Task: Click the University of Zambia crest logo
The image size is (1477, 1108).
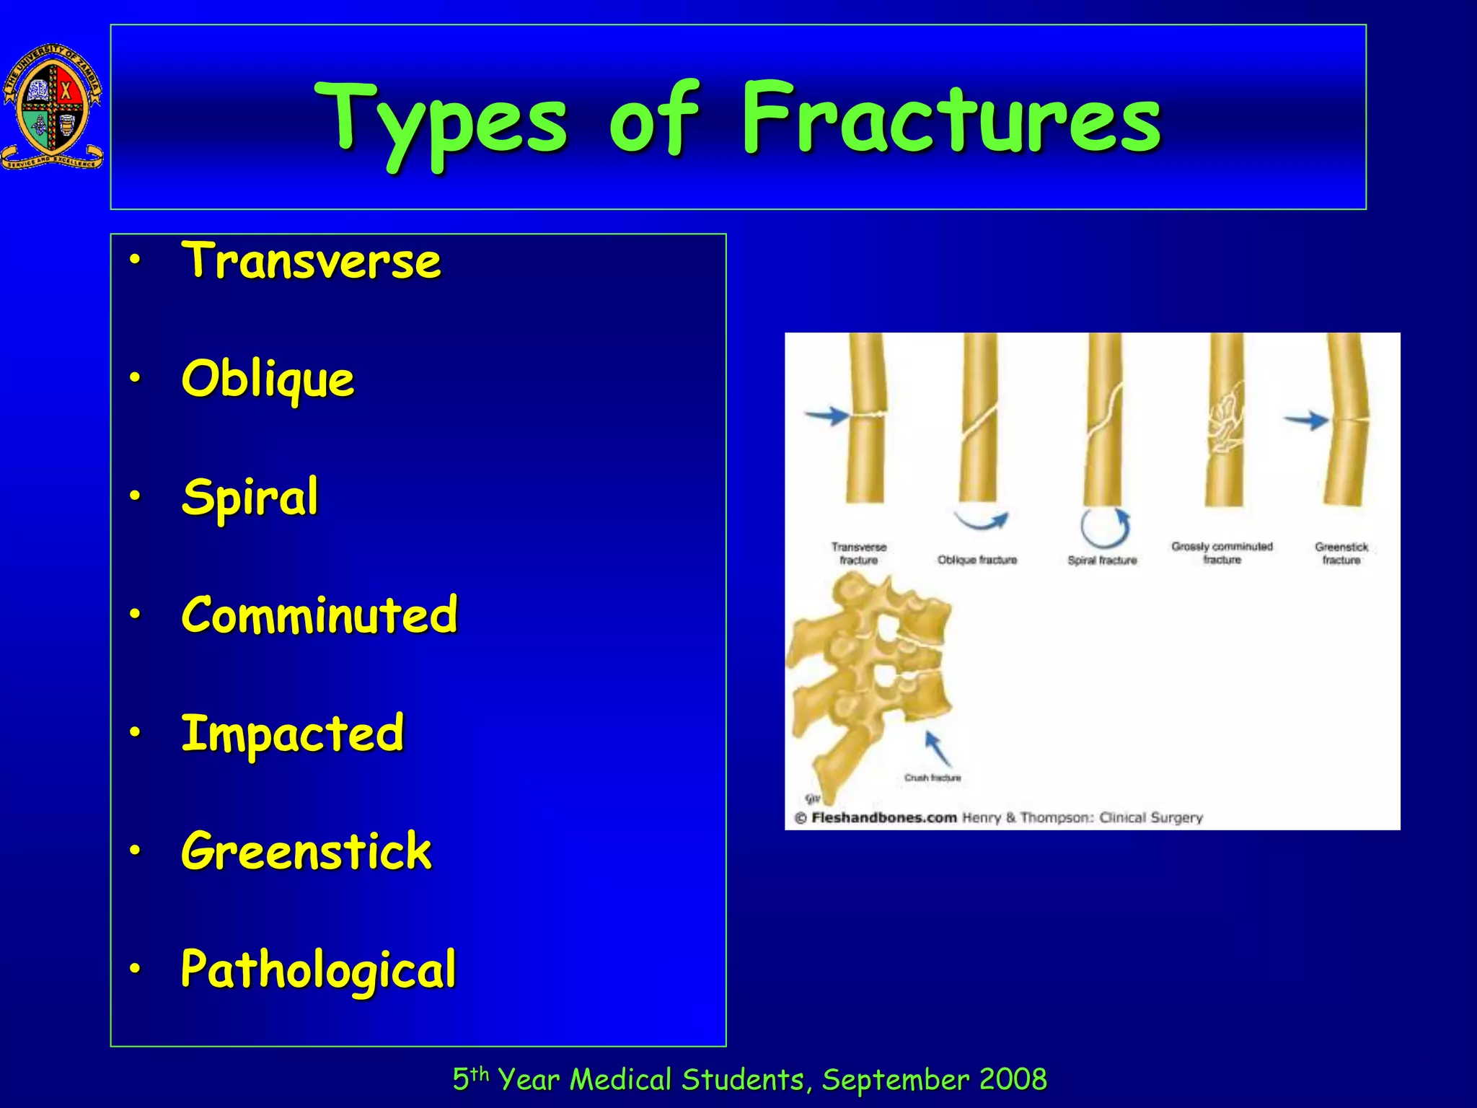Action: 52,107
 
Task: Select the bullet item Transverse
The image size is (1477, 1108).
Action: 310,261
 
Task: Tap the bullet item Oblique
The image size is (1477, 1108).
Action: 268,379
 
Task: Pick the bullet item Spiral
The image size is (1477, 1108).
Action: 250,498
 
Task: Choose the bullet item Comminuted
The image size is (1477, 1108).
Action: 319,615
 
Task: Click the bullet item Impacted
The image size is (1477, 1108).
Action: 292,734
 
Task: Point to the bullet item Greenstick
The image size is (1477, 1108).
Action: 306,851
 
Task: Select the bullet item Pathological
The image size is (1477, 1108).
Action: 318,969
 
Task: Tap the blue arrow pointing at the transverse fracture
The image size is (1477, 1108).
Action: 826,415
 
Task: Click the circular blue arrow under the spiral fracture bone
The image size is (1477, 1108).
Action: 1105,529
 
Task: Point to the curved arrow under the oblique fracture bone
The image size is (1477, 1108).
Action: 981,520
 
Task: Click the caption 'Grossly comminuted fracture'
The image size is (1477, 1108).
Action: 1222,553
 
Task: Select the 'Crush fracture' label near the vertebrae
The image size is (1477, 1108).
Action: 933,778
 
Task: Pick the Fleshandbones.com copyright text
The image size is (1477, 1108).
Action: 884,818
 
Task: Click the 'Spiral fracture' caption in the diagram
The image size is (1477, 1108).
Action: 1102,560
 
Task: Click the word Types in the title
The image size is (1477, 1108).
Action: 441,119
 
